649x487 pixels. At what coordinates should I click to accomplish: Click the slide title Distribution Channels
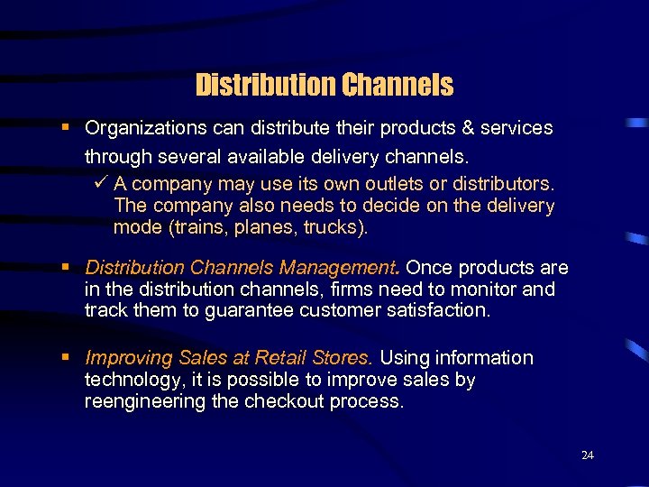pos(324,86)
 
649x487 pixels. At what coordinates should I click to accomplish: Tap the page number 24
pos(588,455)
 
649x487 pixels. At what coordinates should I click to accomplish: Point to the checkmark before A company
pos(100,184)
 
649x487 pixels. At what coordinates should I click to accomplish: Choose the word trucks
pos(334,227)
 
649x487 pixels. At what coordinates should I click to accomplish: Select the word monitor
pos(483,289)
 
